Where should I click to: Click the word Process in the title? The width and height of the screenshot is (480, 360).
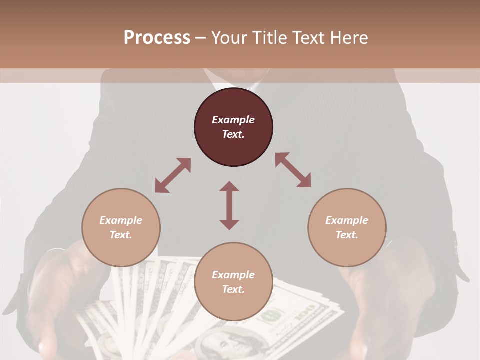(157, 38)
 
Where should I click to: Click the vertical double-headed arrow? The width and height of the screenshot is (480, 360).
(229, 205)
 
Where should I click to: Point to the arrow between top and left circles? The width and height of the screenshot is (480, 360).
(173, 175)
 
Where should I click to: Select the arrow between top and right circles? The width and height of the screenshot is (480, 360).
(293, 170)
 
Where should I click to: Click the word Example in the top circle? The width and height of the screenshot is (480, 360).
(233, 120)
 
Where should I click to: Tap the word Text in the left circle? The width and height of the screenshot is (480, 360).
(121, 235)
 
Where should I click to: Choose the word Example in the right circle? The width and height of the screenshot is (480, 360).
(347, 220)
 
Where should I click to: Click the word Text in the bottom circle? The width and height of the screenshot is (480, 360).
(233, 289)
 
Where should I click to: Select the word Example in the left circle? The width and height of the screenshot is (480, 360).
(121, 220)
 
